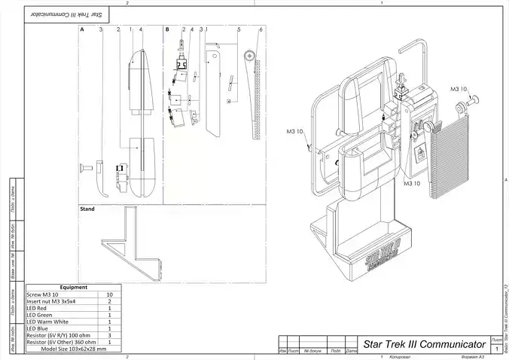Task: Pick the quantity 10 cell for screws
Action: click(x=110, y=294)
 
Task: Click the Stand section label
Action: click(x=87, y=209)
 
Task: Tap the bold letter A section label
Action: click(x=82, y=29)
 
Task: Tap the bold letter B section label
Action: click(x=166, y=29)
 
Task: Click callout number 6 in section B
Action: click(x=261, y=29)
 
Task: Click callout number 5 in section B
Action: click(x=239, y=29)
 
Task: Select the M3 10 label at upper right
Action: click(x=459, y=90)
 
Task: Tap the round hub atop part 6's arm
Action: click(x=248, y=55)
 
